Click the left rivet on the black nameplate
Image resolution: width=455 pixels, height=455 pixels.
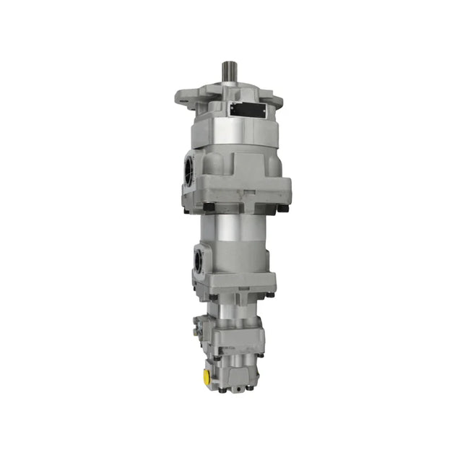tap(233, 109)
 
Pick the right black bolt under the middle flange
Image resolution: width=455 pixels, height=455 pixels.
tap(270, 295)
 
